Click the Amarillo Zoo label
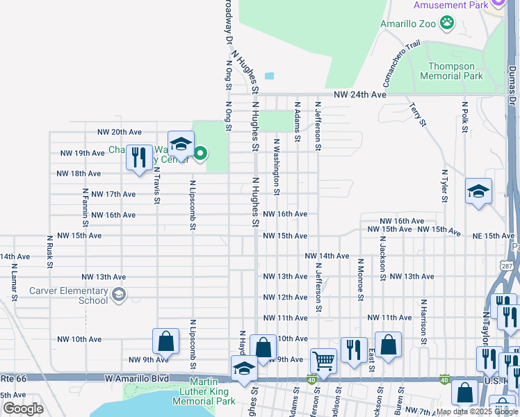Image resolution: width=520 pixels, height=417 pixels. point(407,23)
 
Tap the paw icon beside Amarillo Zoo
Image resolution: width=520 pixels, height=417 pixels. point(446,24)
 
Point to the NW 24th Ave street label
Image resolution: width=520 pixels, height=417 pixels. point(359,95)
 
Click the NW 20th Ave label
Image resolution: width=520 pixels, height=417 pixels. point(119,132)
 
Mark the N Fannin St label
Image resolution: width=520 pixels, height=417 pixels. point(85,207)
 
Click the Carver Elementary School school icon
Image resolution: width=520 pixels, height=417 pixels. point(119,295)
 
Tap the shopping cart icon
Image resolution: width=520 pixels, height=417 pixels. point(323,361)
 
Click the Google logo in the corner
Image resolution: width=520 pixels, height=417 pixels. point(23,409)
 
